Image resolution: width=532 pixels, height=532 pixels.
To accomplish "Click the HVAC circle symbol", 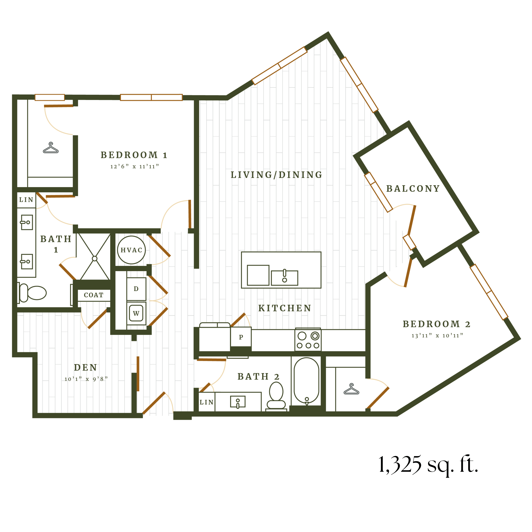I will [x=131, y=250].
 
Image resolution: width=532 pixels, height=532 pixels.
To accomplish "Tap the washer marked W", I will [x=136, y=313].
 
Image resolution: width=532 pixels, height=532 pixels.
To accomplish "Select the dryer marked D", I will [x=136, y=289].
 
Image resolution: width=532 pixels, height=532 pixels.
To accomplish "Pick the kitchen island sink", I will [x=285, y=278].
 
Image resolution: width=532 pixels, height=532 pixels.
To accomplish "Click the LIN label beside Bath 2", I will [x=207, y=402].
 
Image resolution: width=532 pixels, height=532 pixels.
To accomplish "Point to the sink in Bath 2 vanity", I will [x=238, y=402].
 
